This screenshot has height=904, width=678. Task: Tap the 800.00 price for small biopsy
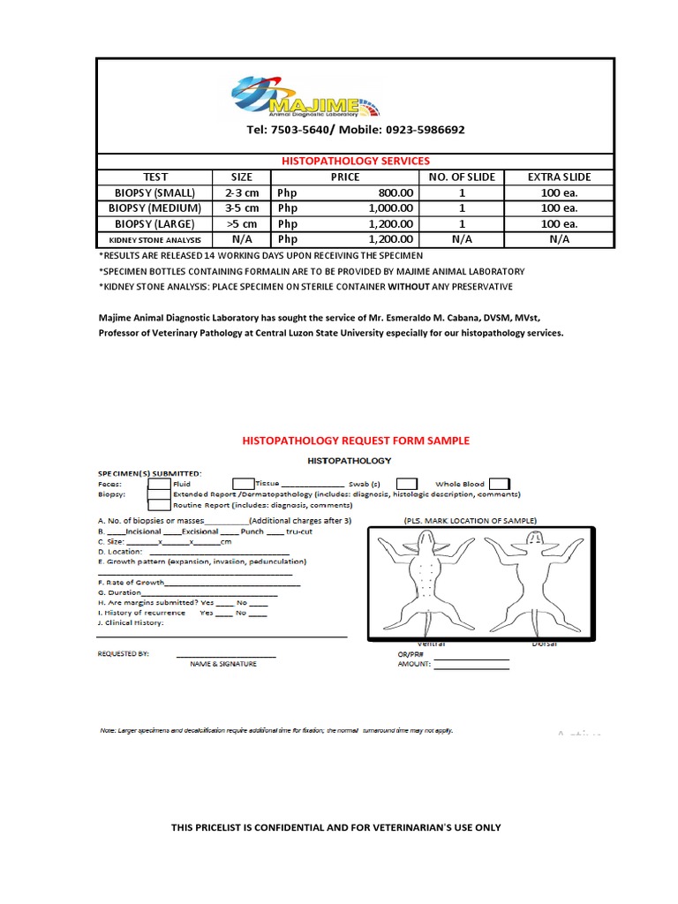[395, 192]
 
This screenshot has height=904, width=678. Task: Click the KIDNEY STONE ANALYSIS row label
[155, 239]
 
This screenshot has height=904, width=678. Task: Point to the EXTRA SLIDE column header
[559, 177]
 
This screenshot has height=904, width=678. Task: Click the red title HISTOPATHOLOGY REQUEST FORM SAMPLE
[356, 441]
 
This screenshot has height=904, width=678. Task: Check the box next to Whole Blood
[499, 484]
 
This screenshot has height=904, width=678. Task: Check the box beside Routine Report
[159, 506]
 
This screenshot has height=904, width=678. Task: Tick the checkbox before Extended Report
[159, 494]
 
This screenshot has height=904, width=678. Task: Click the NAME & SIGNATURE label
[223, 664]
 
